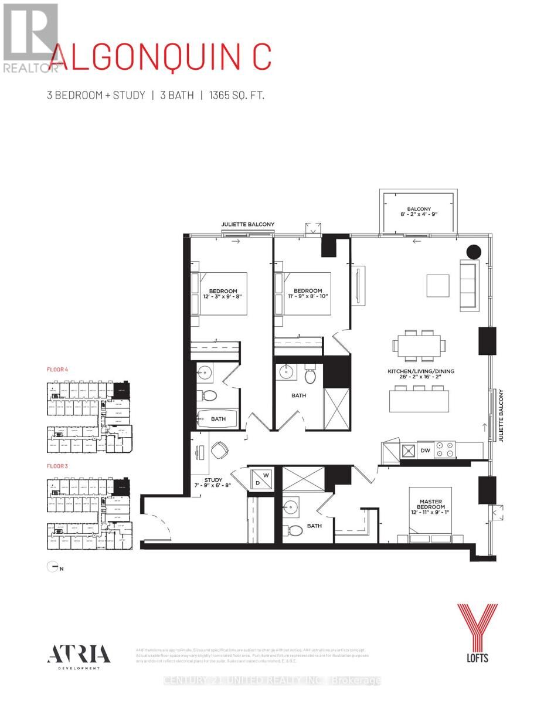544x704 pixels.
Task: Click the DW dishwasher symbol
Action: point(427,450)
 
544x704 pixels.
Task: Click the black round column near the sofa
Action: point(473,252)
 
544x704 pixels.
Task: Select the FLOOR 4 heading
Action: point(57,370)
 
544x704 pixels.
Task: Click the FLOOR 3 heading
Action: point(57,467)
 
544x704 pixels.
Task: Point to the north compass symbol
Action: point(52,567)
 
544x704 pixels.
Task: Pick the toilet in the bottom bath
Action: point(295,530)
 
